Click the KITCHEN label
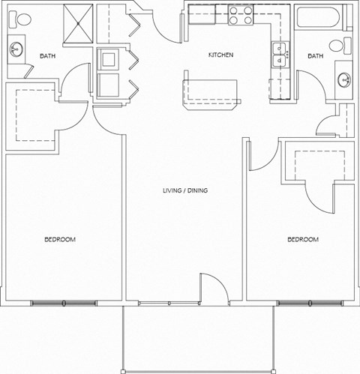point(220,56)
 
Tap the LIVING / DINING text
point(185,191)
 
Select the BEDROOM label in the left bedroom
point(59,240)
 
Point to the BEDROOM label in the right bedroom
point(303,240)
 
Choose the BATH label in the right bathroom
point(316,56)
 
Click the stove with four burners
point(241,15)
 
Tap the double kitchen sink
point(280,55)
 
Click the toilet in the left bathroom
point(21,19)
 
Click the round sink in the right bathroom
point(344,78)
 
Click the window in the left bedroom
point(64,304)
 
